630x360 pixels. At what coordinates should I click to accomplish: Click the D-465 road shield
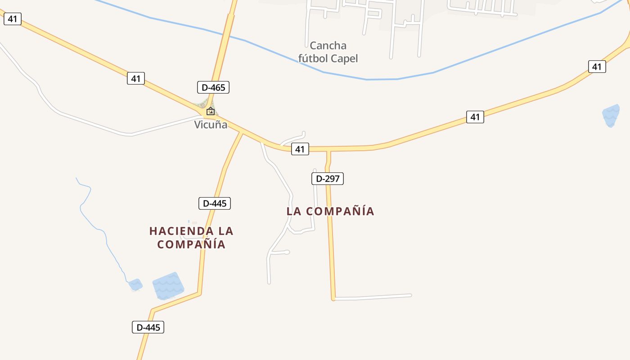coord(213,87)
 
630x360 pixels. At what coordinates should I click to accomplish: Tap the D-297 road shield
coord(328,179)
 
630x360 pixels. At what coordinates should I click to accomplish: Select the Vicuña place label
coord(211,125)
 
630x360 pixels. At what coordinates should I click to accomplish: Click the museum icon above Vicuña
coord(210,111)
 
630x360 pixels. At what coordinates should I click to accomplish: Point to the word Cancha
coord(328,45)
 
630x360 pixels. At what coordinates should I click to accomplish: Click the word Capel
coord(344,58)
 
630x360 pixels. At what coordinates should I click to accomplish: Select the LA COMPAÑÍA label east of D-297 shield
coord(330,211)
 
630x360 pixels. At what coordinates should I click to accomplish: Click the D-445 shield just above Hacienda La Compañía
coord(215,203)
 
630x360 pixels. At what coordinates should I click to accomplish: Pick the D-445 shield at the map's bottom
coord(148,327)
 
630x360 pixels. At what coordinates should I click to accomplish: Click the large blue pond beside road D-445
coord(168,286)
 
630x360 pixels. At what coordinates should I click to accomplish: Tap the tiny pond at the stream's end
coord(135,284)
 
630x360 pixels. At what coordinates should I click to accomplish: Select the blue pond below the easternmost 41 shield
coord(611,115)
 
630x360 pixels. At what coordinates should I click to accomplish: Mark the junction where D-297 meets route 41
coord(328,149)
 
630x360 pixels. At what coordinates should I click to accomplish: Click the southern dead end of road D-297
coord(333,298)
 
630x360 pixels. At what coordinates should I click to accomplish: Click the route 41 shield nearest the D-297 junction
coord(300,149)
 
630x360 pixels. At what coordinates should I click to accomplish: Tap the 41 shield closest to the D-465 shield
coord(136,78)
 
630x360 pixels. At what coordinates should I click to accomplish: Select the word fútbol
coord(313,58)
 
